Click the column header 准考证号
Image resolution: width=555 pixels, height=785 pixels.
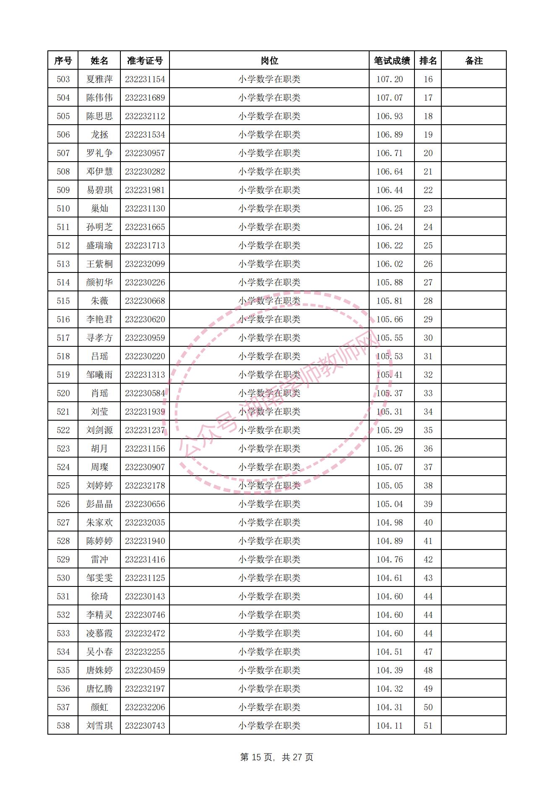tap(145, 61)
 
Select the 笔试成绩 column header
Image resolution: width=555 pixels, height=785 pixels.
tap(392, 61)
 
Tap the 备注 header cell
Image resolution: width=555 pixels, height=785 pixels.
tap(474, 61)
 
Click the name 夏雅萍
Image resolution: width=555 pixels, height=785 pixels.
tap(99, 79)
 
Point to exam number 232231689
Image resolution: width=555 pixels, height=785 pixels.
tap(145, 98)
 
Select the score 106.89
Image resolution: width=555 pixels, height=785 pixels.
tap(389, 135)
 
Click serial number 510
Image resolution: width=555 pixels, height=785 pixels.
tap(63, 209)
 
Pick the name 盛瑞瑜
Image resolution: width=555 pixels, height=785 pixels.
tap(99, 246)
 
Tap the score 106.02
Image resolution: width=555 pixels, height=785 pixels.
tap(389, 264)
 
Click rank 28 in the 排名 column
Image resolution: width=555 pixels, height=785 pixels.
tap(428, 301)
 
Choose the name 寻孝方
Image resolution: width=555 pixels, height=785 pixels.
tap(99, 338)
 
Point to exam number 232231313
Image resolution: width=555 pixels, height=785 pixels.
tap(145, 375)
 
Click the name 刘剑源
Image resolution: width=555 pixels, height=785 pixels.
tap(99, 430)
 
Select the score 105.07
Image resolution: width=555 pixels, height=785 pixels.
tap(389, 467)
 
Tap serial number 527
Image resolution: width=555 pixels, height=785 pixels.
tap(63, 523)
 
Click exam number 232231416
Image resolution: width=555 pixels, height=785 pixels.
tap(145, 560)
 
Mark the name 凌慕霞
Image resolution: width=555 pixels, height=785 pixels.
tap(99, 633)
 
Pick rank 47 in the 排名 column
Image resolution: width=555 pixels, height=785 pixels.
tap(428, 652)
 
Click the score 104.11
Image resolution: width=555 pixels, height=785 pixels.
tap(389, 726)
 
